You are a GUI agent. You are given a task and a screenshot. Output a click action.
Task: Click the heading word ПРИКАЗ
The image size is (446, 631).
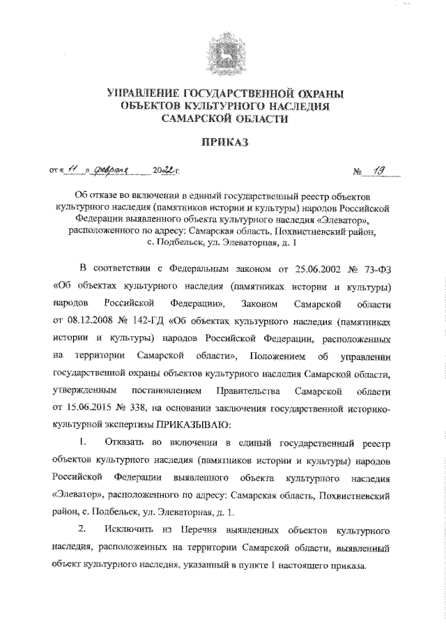pyautogui.click(x=223, y=143)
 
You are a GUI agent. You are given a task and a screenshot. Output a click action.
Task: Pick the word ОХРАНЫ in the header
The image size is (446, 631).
pyautogui.click(x=312, y=92)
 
